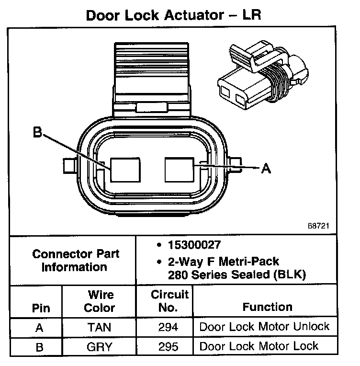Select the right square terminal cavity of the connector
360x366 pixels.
point(179,170)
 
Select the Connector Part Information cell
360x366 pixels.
point(76,260)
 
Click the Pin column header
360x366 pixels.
point(41,308)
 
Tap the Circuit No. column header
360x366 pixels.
point(169,301)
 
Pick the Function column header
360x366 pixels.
point(267,307)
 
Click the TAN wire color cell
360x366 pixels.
point(99,327)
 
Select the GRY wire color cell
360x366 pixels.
point(99,346)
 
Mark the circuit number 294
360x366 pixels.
point(168,327)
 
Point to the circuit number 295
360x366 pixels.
point(168,346)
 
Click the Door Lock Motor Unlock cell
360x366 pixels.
point(264,327)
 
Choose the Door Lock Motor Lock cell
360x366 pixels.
point(259,346)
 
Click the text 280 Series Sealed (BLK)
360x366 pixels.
point(236,274)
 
